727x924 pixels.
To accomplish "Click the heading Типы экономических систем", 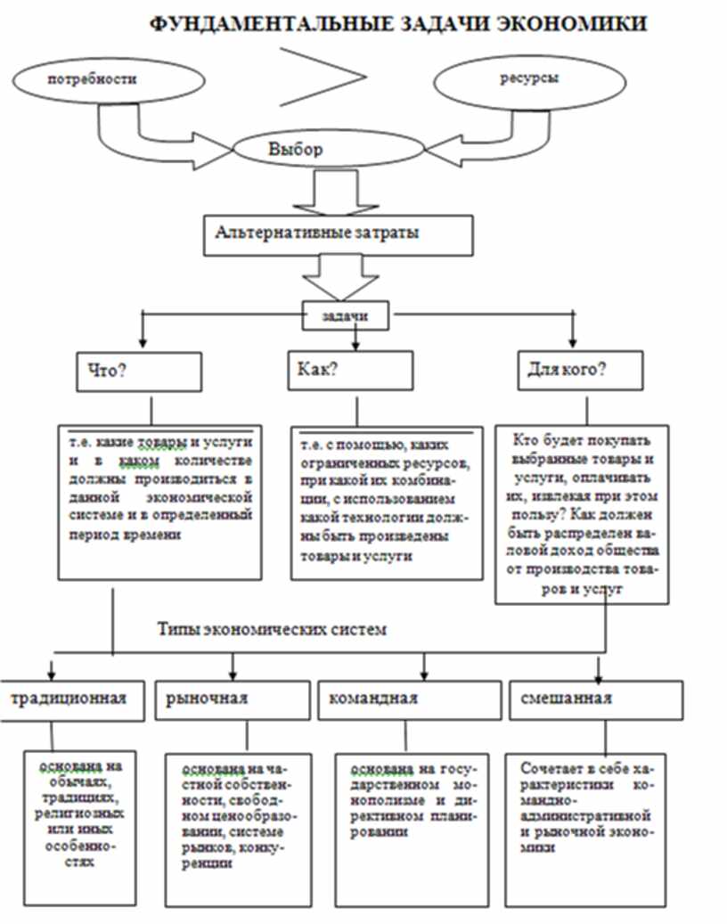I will [273, 629].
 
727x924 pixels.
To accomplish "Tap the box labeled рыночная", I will [234, 699].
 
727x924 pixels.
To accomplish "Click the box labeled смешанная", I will [596, 699].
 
